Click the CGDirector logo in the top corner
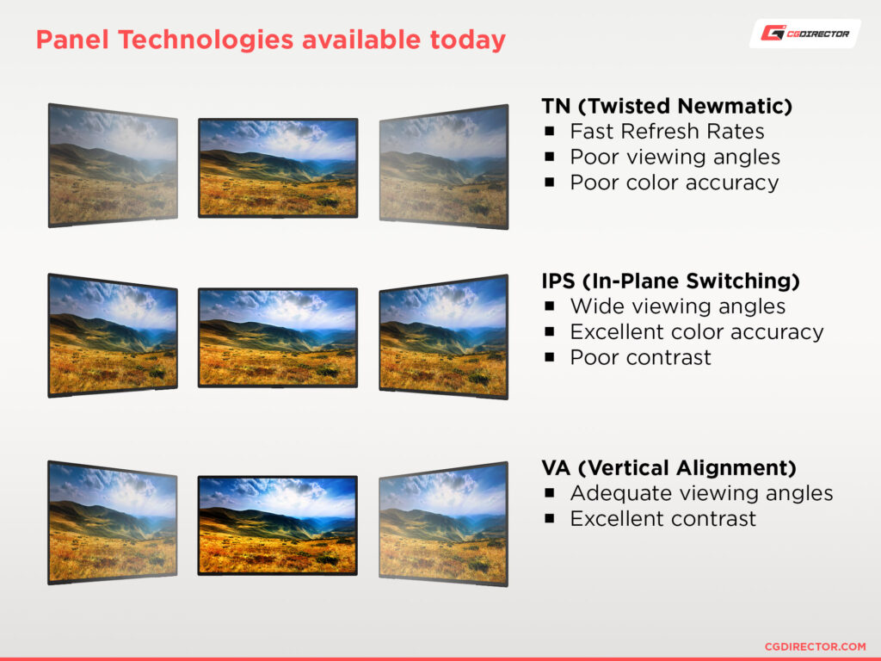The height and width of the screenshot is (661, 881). coord(804,34)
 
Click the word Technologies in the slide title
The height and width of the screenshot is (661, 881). coord(206,40)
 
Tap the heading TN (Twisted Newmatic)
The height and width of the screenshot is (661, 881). coord(667,106)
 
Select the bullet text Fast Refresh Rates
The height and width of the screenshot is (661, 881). coord(667,131)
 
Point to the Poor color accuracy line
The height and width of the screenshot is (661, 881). coord(675,182)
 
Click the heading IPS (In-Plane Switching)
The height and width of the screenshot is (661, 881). coord(670,281)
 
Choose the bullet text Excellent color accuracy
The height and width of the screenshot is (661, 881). coord(697,331)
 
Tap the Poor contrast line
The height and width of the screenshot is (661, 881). coord(640,357)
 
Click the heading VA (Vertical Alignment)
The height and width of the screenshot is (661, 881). coord(668,467)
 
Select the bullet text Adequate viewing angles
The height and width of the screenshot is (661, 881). coord(701,493)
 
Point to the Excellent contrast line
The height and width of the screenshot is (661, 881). coord(663,519)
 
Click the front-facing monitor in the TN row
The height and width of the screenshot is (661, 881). coord(278,168)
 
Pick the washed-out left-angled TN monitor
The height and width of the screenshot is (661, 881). coord(113,165)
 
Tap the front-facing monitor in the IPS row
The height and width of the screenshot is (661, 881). coord(278,337)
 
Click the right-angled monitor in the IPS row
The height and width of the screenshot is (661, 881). coord(444,337)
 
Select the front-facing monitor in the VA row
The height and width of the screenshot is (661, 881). coord(278,526)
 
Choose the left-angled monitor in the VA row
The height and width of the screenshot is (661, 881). coord(113,522)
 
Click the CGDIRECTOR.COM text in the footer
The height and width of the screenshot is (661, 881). coord(816,647)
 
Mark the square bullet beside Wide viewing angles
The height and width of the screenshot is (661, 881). coord(550,306)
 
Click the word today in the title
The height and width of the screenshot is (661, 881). coord(467,40)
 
